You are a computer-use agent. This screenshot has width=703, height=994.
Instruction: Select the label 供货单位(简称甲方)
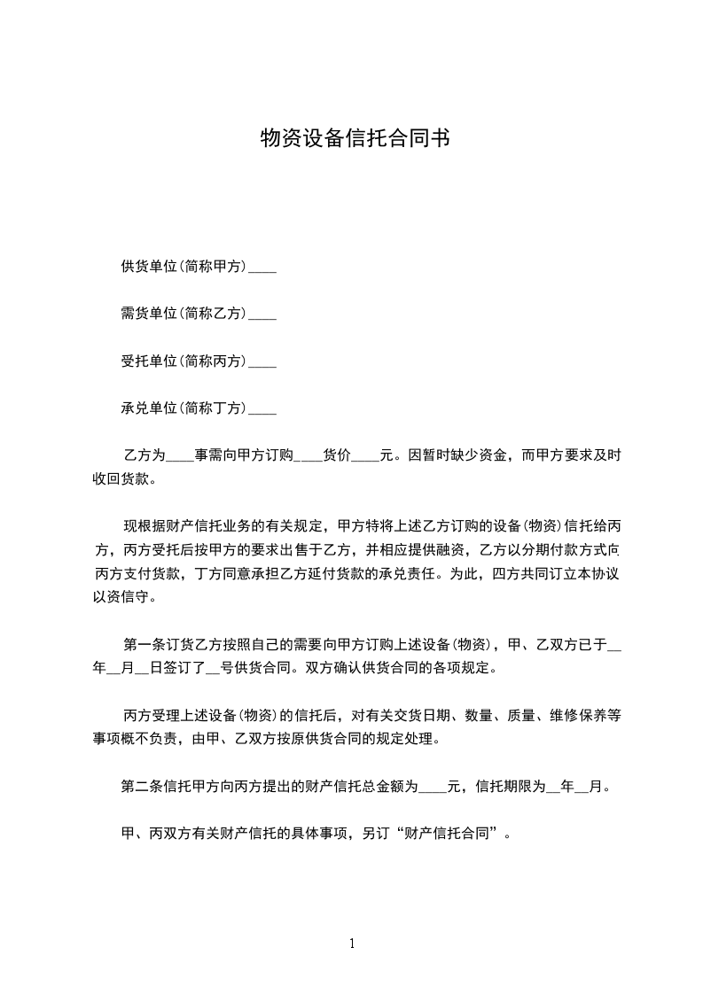184,266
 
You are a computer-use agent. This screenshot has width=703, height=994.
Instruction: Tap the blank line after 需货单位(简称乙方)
262,315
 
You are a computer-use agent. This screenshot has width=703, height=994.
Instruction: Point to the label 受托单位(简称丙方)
184,361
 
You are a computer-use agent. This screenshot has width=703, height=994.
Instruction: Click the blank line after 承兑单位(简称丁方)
262,411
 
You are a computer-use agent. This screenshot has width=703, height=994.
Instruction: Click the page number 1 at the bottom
352,944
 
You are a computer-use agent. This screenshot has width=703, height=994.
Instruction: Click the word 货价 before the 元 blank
337,456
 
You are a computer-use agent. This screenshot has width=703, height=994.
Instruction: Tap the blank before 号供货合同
212,669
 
